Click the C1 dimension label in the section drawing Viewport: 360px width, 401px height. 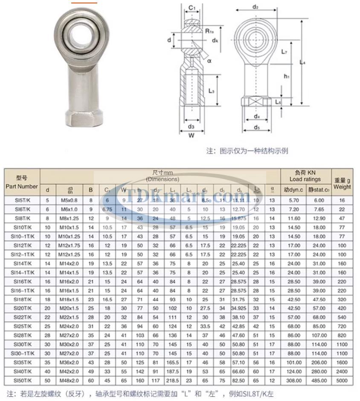(192, 8)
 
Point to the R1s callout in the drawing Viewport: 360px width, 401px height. (209, 31)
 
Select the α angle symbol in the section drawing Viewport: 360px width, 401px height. (209, 61)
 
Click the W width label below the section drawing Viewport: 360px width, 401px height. (191, 136)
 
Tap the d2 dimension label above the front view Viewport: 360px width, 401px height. (256, 7)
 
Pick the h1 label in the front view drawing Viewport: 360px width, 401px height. (287, 76)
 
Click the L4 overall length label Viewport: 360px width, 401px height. (302, 63)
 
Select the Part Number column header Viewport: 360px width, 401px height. (21, 183)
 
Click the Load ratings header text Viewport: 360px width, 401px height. (305, 179)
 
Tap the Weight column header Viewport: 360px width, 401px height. (342, 183)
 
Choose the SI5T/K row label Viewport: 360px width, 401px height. (21, 200)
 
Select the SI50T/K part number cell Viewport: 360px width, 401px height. (21, 380)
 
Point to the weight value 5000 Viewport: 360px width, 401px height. (342, 380)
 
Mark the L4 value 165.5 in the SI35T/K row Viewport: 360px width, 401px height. (173, 362)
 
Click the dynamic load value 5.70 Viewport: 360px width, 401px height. (293, 200)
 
